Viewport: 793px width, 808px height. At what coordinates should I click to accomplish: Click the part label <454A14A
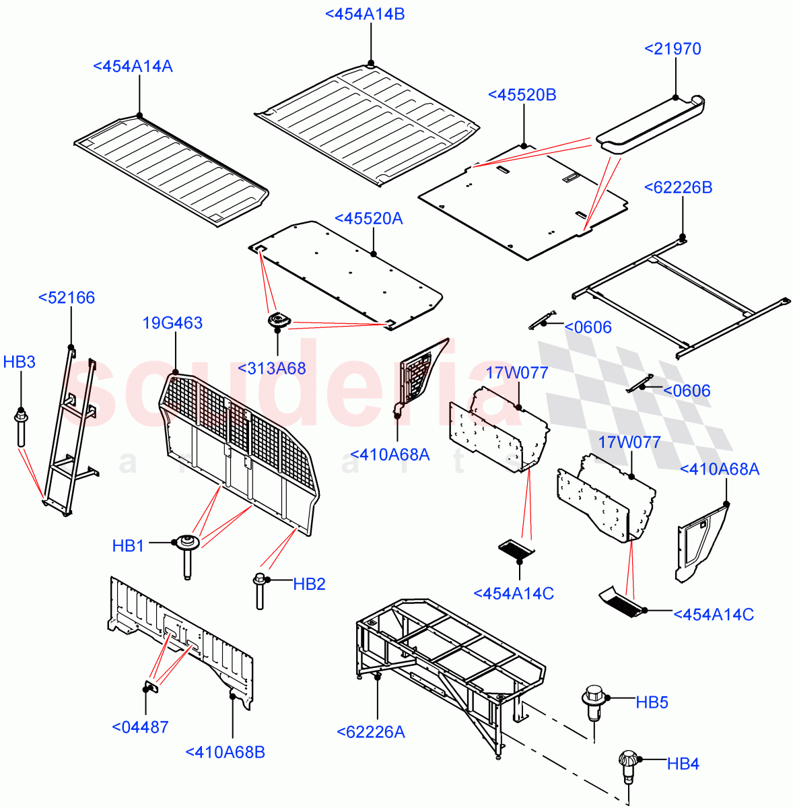[133, 66]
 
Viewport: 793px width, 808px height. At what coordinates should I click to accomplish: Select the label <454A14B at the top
[365, 14]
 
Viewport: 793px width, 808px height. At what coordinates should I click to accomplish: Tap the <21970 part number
[673, 48]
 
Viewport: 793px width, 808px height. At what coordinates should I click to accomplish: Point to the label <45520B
[522, 95]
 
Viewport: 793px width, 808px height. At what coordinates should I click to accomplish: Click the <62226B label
[678, 187]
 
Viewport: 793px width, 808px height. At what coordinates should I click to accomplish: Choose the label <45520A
[368, 218]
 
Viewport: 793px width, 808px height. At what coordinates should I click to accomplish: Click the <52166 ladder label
[67, 298]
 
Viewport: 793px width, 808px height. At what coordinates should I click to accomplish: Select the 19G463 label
[172, 323]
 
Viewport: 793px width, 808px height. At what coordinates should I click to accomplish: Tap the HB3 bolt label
[19, 362]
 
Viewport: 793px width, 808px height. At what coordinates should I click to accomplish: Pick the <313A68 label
[271, 368]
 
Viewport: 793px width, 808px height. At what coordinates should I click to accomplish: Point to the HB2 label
[309, 584]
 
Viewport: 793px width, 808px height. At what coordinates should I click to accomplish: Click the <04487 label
[140, 727]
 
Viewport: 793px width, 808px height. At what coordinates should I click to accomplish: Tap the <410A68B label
[225, 752]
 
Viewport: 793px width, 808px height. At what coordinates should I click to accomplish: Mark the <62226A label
[370, 732]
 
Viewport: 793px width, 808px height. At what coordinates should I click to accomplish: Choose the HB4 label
[683, 764]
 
